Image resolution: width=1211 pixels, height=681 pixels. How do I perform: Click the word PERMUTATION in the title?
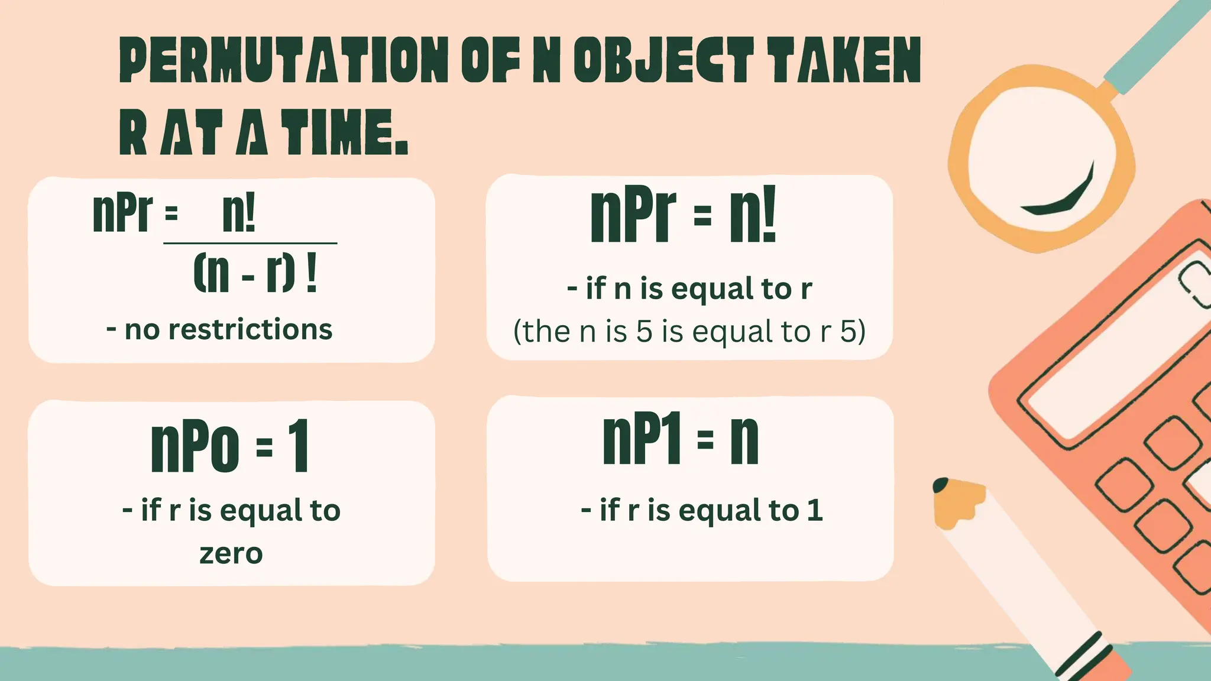click(x=284, y=60)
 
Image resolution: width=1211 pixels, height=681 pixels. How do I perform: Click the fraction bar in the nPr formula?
click(x=250, y=243)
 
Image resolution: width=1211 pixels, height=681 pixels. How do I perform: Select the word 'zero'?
click(x=231, y=554)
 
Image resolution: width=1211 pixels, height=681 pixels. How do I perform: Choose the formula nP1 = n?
click(x=680, y=439)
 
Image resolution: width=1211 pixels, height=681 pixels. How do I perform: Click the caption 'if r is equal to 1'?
click(x=702, y=510)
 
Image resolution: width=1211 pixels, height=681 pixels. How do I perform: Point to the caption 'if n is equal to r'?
click(x=689, y=289)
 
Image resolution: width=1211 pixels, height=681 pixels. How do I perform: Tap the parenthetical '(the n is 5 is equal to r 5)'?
click(x=689, y=331)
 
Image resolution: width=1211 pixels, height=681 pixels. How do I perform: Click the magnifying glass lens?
click(x=1041, y=160)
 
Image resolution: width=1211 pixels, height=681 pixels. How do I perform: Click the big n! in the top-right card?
click(x=752, y=215)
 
